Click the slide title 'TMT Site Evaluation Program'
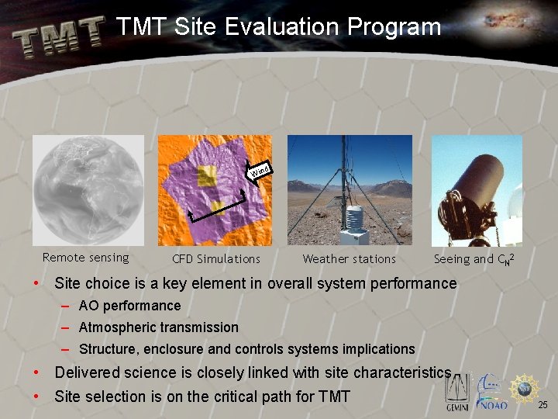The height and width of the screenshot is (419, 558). (x=278, y=27)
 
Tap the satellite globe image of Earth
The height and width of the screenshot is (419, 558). (x=88, y=191)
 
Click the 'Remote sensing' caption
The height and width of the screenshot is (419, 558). (x=85, y=258)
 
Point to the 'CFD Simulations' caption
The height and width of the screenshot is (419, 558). (x=215, y=259)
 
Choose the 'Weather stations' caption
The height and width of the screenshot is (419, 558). (x=349, y=259)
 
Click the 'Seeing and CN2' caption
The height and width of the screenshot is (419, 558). (x=474, y=259)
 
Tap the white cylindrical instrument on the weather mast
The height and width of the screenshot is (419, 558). (x=354, y=220)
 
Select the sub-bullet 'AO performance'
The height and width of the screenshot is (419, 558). (x=129, y=306)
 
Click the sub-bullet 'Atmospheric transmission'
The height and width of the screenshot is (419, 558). (x=158, y=327)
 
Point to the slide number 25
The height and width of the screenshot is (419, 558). (x=542, y=405)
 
